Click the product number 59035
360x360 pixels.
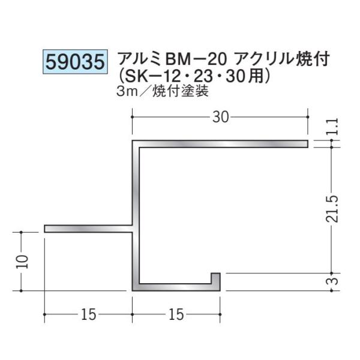tap(74, 62)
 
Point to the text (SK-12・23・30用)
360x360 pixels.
tap(197, 77)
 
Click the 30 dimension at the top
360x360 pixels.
tap(220, 118)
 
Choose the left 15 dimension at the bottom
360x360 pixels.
tap(88, 315)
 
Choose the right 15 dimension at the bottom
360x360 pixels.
tap(176, 315)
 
